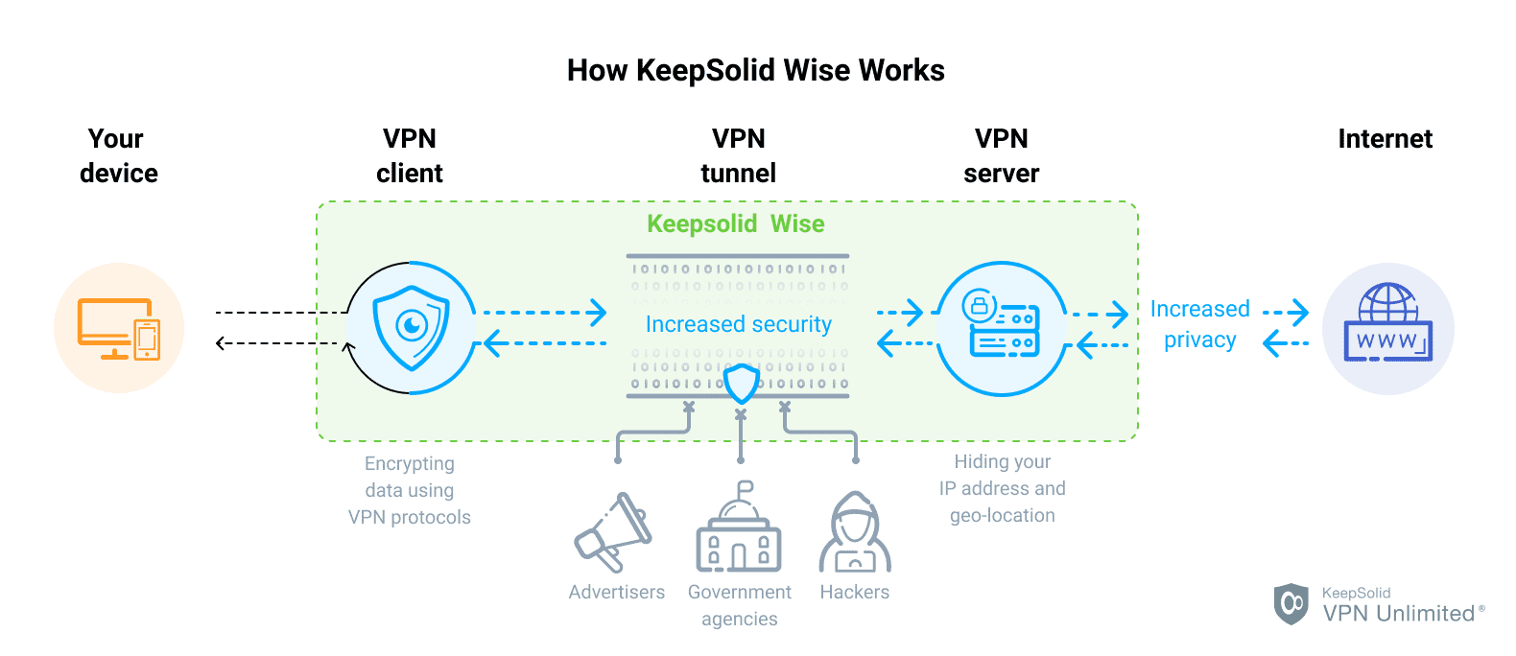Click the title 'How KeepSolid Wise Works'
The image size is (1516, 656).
coord(755,70)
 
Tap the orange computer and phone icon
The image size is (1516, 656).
coord(119,328)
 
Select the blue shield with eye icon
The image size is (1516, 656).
coord(411,328)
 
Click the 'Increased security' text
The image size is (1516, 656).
coord(738,324)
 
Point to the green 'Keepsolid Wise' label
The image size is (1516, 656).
coord(735,223)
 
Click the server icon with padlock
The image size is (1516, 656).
coord(1001,326)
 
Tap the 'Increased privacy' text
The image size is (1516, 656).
coord(1199,324)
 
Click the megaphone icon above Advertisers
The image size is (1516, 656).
coord(614,533)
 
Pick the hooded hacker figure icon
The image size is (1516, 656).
coord(855,533)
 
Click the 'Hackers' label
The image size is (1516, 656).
coord(854,592)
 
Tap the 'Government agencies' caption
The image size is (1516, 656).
coord(739,605)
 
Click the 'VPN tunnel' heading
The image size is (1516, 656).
coord(738,156)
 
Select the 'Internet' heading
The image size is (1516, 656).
coord(1385,139)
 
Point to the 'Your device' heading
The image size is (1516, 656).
coord(118,156)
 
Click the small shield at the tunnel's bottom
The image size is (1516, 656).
coord(741,384)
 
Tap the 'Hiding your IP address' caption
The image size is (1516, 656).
coord(1002,488)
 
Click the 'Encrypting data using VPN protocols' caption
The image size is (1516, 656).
coord(410,490)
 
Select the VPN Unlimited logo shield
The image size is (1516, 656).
coord(1291,604)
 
